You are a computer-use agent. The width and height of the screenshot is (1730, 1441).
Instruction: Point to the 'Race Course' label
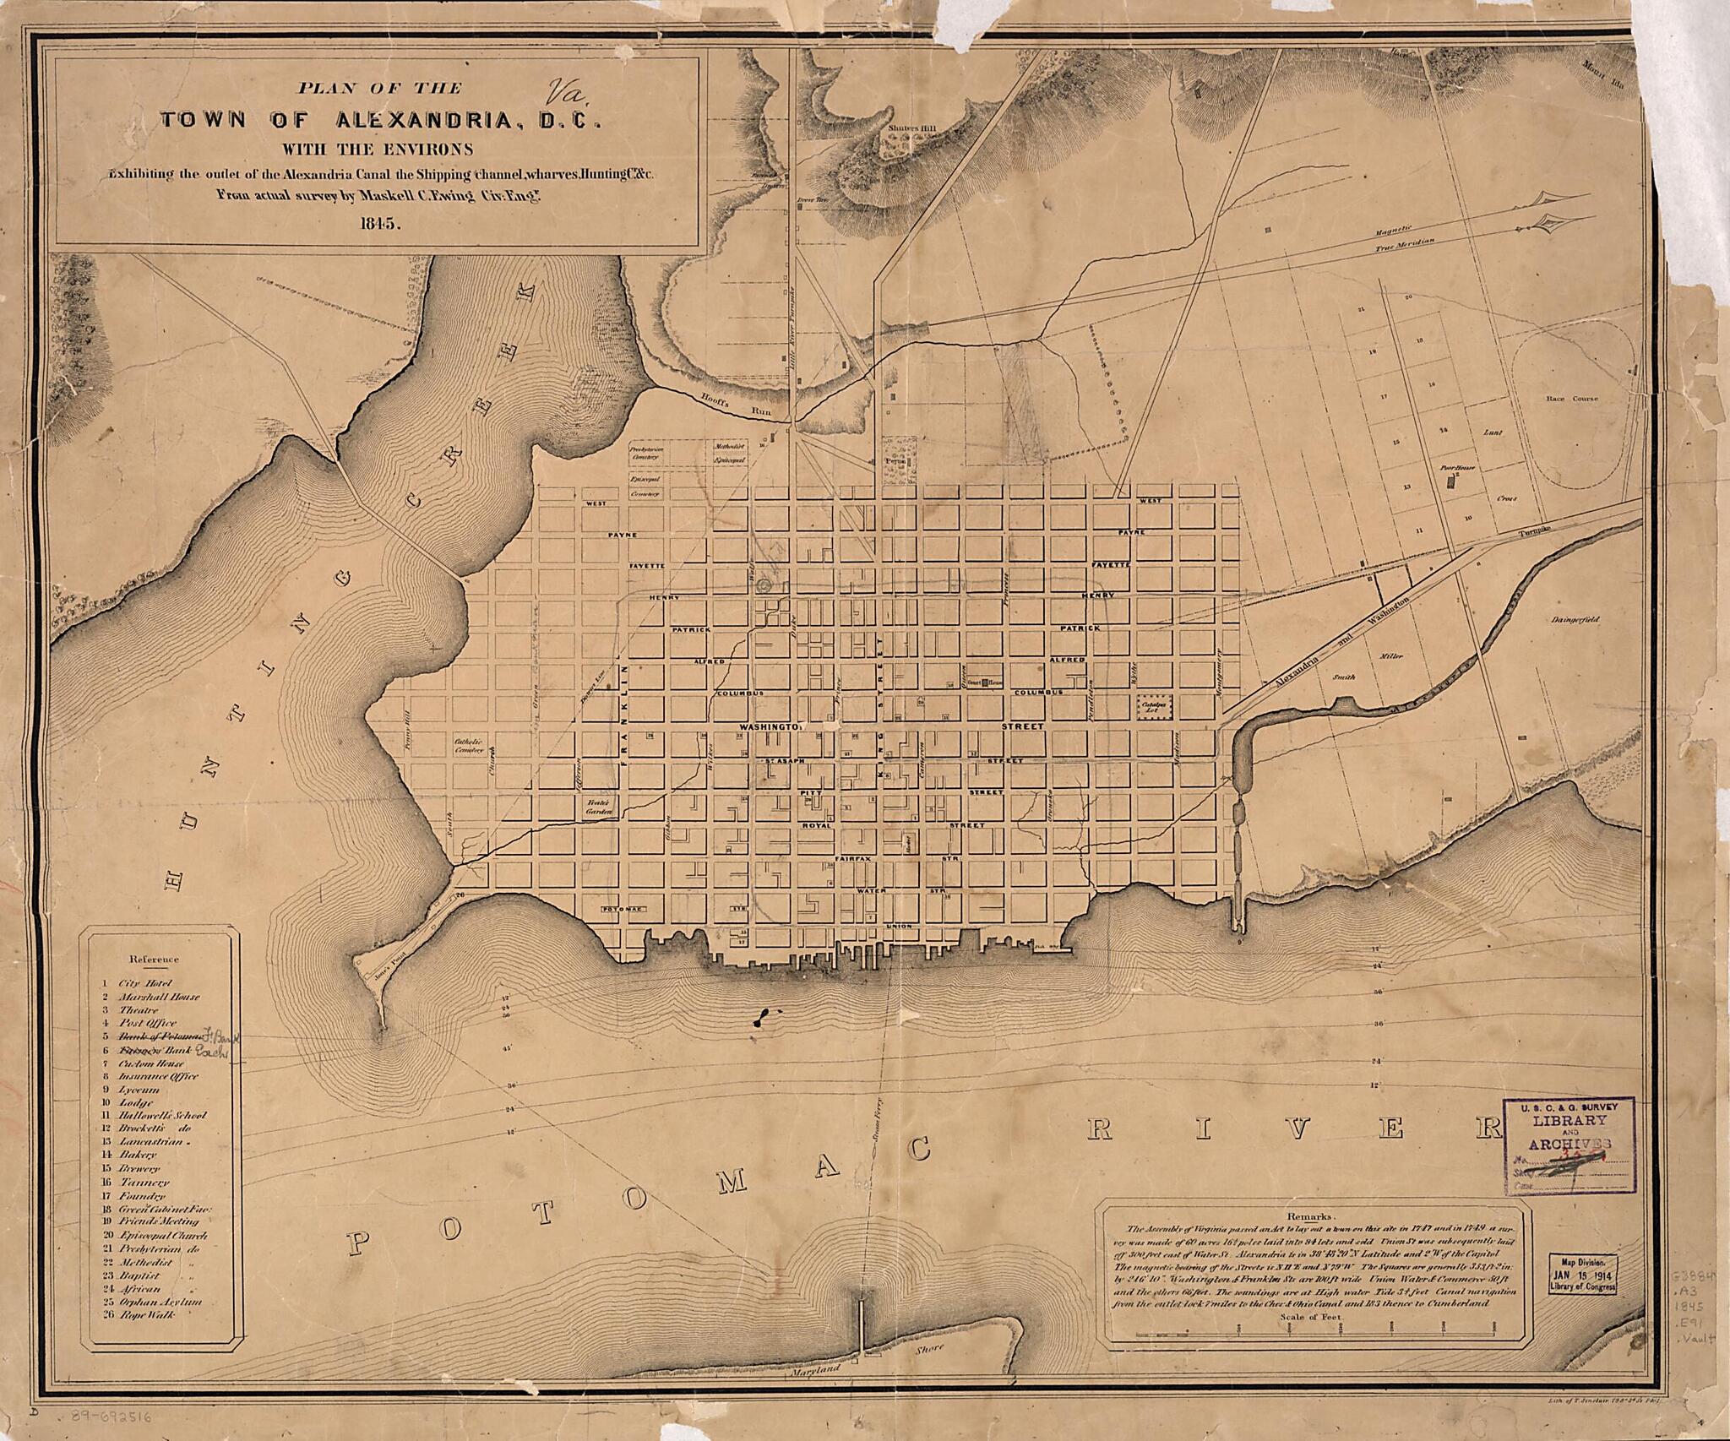pyautogui.click(x=1572, y=399)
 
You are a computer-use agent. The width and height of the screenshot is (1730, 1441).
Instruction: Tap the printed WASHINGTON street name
pyautogui.click(x=769, y=726)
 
